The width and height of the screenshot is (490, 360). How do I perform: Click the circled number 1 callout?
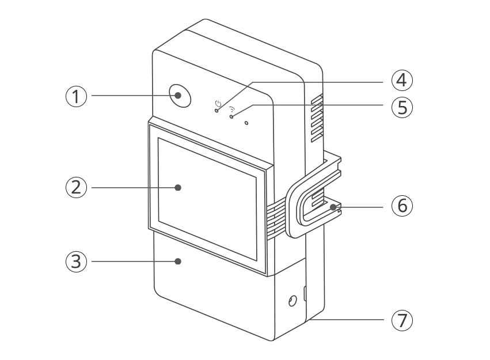(x=76, y=96)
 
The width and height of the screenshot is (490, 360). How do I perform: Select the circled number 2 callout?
(x=76, y=188)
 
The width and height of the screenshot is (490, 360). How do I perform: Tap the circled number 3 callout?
(x=76, y=262)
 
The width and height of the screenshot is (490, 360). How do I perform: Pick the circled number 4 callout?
(x=402, y=80)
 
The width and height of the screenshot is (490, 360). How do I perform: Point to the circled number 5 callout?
(x=402, y=107)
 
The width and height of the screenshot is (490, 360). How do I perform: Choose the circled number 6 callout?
(x=402, y=206)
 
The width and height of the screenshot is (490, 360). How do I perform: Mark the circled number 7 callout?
(x=402, y=320)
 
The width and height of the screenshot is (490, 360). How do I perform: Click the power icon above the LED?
(x=218, y=104)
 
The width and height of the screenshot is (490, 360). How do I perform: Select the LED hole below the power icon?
(x=216, y=111)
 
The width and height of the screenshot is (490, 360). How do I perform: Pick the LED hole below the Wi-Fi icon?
(x=231, y=116)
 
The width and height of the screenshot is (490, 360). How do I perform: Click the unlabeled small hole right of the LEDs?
(x=246, y=123)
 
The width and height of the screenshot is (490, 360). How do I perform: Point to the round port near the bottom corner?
(x=293, y=301)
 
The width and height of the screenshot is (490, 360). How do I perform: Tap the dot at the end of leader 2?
(x=178, y=188)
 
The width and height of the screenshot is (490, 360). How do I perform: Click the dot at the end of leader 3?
(x=178, y=262)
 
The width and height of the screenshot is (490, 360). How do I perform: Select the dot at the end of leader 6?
(x=333, y=207)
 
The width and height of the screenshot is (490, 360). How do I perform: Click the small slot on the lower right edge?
(x=305, y=293)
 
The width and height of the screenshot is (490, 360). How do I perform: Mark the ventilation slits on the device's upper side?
(x=317, y=118)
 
